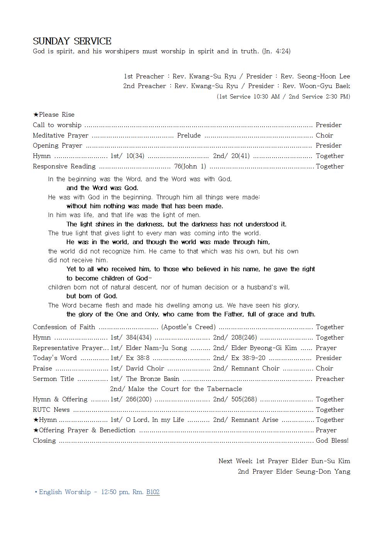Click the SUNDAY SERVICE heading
pyautogui.click(x=72, y=41)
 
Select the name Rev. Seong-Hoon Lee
pyautogui.click(x=315, y=76)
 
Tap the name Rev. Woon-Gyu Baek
pyautogui.click(x=316, y=86)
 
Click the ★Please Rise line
pyautogui.click(x=54, y=114)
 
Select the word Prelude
pyautogui.click(x=189, y=135)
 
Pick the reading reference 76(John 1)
pyautogui.click(x=190, y=166)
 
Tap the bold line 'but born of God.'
pyautogui.click(x=92, y=296)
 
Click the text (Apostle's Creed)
pyautogui.click(x=188, y=327)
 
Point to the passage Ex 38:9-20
pyautogui.click(x=248, y=358)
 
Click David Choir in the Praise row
pyautogui.click(x=145, y=368)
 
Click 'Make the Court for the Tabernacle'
pyautogui.click(x=185, y=389)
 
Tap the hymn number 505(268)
pyautogui.click(x=244, y=399)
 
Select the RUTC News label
pyautogui.click(x=51, y=409)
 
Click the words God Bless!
pyautogui.click(x=332, y=440)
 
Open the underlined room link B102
pyautogui.click(x=153, y=492)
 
